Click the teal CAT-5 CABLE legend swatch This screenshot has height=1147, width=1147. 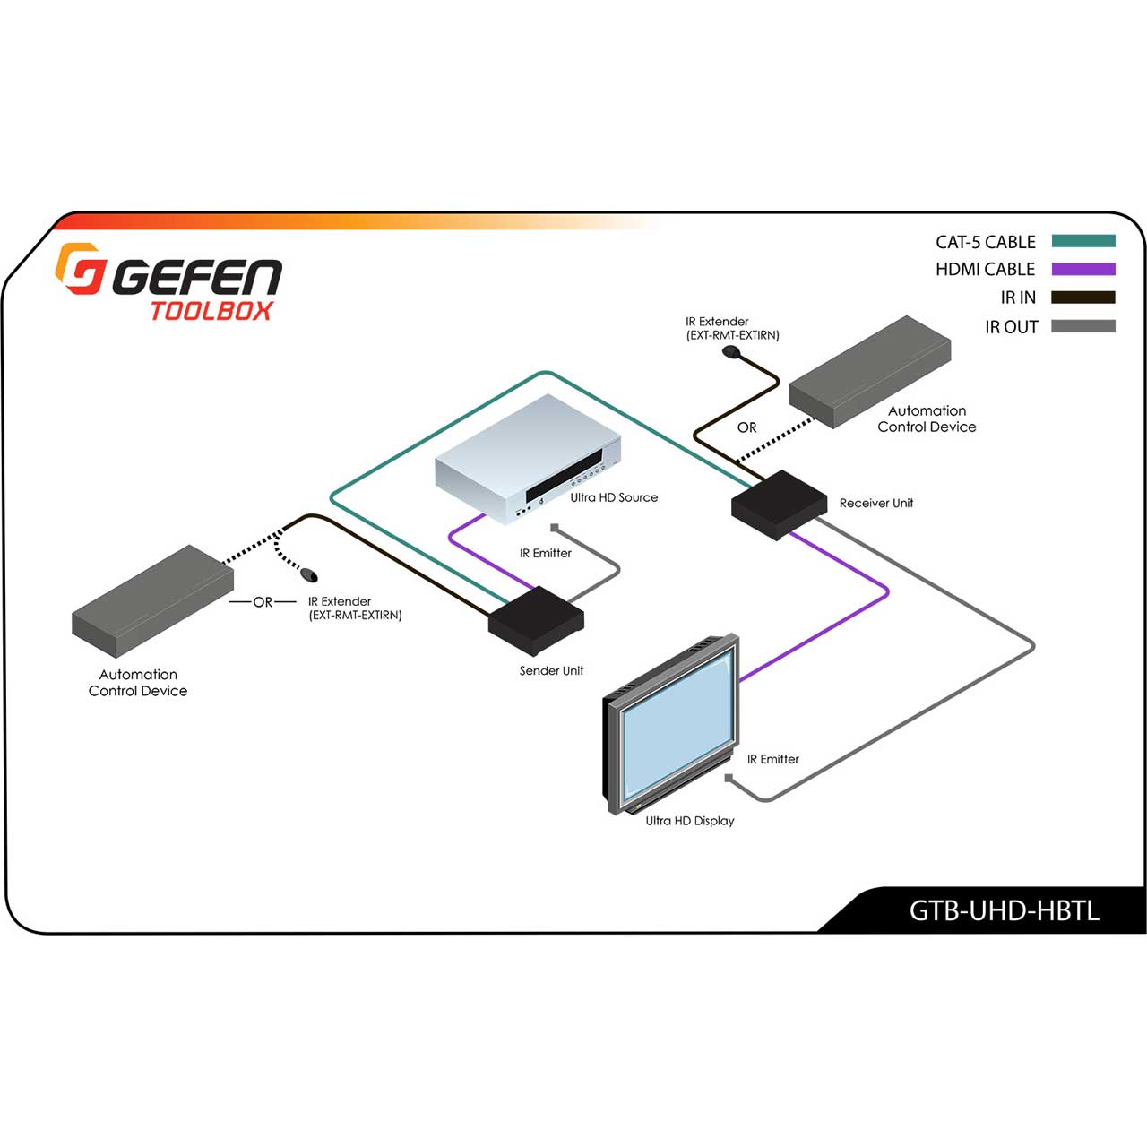(x=1082, y=240)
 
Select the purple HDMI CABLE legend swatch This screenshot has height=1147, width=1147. (x=1082, y=269)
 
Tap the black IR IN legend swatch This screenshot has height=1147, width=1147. (x=1082, y=297)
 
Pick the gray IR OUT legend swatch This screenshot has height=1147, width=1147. (x=1082, y=325)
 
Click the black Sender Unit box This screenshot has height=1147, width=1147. (x=536, y=620)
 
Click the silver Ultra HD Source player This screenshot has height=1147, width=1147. (x=528, y=459)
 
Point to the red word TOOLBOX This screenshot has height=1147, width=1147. (x=211, y=311)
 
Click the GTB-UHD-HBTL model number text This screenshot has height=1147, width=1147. (x=1005, y=910)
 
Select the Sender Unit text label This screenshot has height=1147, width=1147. (x=551, y=671)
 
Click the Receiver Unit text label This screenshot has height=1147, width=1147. (x=876, y=503)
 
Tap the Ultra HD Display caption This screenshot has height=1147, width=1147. (x=690, y=821)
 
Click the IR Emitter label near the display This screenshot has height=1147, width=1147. (x=773, y=759)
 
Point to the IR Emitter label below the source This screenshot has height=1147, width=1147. (x=545, y=553)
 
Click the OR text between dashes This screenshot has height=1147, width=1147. (x=263, y=602)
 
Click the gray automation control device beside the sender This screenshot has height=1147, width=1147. (x=153, y=601)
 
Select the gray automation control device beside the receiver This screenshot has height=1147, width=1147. (x=869, y=371)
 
